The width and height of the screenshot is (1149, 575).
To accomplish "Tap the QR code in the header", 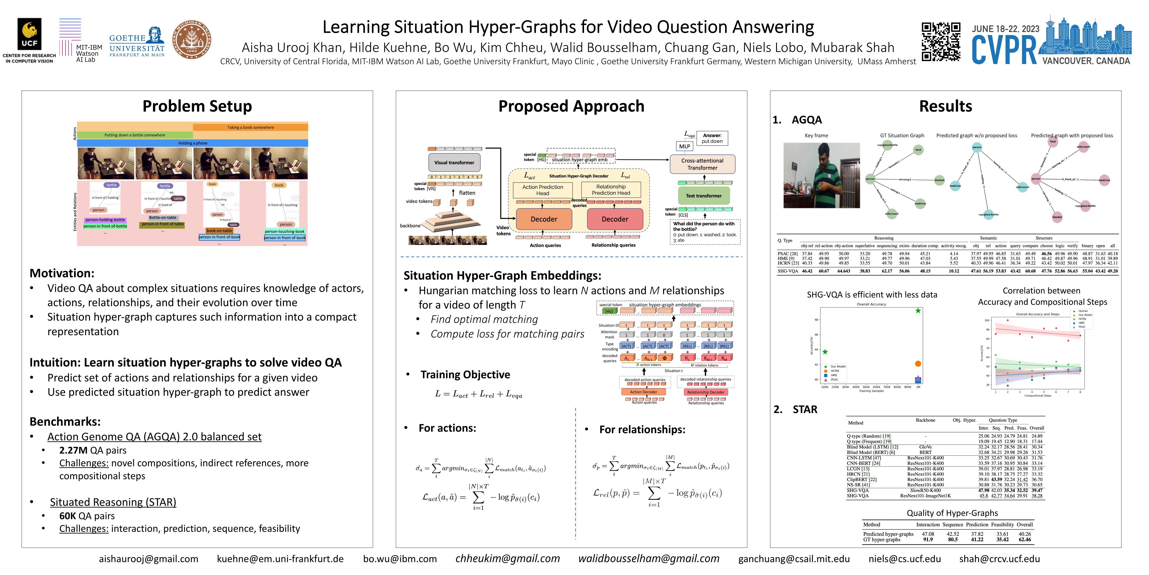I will tap(941, 42).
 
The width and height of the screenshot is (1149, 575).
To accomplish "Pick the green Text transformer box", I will tap(704, 195).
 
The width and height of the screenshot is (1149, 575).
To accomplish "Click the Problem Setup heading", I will tap(197, 106).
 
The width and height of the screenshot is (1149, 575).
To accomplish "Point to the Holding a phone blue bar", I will tap(193, 143).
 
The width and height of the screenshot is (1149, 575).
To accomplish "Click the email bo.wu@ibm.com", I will tap(400, 559).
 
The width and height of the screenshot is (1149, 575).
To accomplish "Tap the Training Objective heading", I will tap(465, 374).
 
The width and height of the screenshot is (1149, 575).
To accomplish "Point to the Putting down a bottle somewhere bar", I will tap(135, 135).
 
